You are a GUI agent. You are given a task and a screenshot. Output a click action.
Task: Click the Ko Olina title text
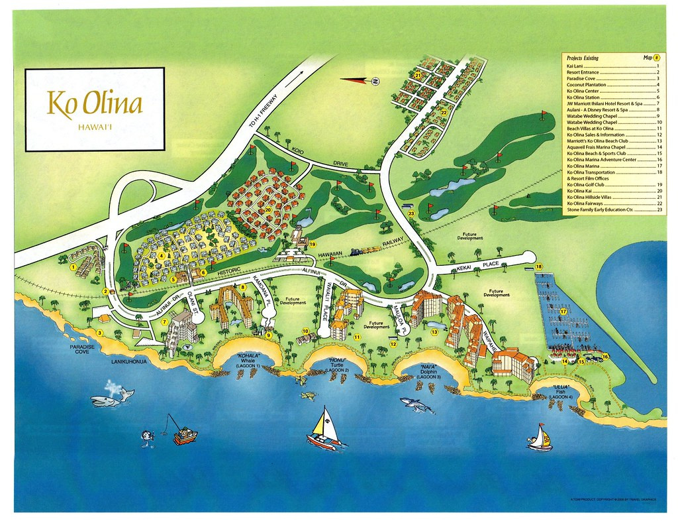pyautogui.click(x=94, y=105)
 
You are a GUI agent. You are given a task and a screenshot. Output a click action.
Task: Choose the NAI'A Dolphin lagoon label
pyautogui.click(x=430, y=369)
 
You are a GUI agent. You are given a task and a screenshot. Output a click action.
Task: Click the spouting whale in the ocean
pyautogui.click(x=112, y=396)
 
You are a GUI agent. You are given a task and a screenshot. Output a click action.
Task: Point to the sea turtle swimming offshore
pyautogui.click(x=308, y=396)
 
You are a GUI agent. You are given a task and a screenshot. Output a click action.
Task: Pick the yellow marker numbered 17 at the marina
pyautogui.click(x=563, y=310)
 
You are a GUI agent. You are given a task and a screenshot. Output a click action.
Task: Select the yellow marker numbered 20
pyautogui.click(x=268, y=210)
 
